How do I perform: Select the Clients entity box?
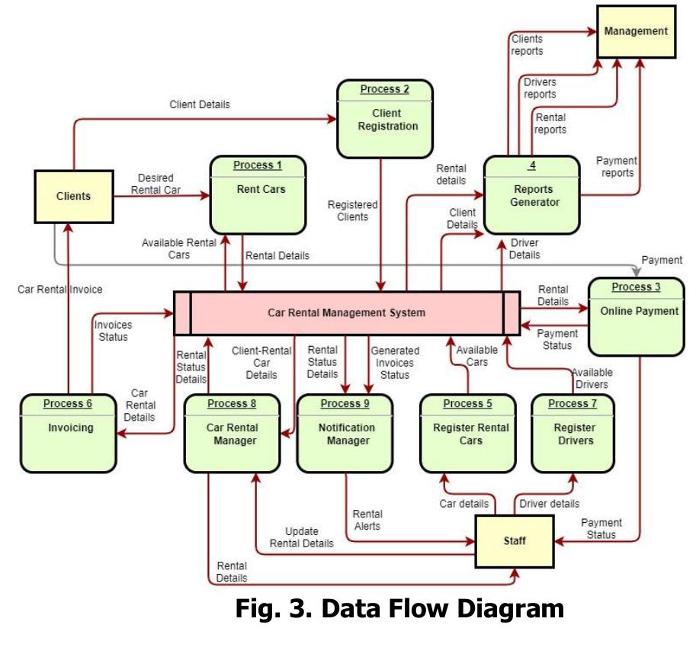pos(73,196)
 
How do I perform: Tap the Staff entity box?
pos(515,541)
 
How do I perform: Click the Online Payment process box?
pos(636,316)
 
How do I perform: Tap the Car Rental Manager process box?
pos(232,432)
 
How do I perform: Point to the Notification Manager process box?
pos(347,432)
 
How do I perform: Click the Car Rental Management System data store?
pos(346,312)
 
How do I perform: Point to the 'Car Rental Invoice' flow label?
pos(60,289)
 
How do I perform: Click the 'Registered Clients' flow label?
pos(352,210)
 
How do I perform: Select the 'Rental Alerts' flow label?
pos(367,520)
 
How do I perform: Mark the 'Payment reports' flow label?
pos(616,166)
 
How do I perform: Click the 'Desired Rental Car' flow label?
pos(156,184)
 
